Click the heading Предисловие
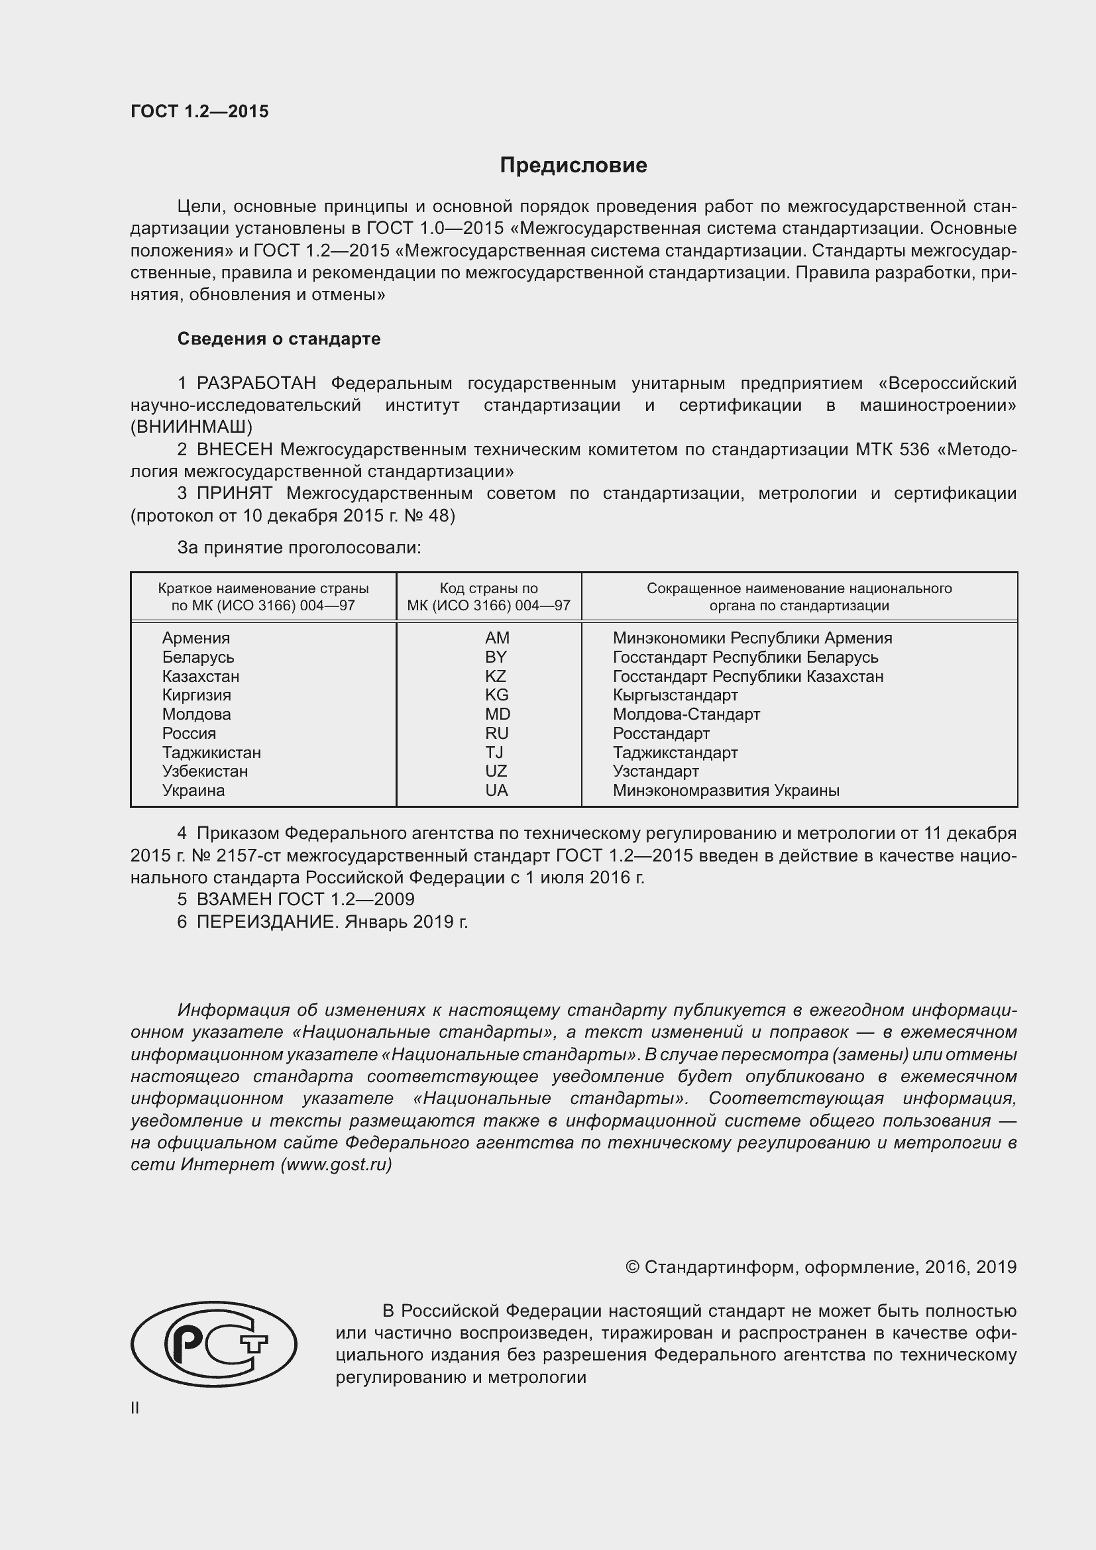coord(573,166)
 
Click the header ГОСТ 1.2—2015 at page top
coord(199,111)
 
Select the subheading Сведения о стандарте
coord(279,339)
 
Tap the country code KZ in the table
coord(496,676)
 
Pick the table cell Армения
coord(195,638)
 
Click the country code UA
coord(496,790)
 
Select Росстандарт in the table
coord(661,733)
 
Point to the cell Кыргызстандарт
coord(675,694)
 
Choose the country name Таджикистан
coord(211,752)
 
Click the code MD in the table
coord(498,714)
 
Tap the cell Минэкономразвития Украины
coord(726,790)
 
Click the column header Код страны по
coord(488,588)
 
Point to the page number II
coord(135,1408)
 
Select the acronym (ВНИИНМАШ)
coord(192,427)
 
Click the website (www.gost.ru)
coord(335,1164)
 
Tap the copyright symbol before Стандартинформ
coord(632,1267)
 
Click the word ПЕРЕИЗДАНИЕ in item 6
coord(266,922)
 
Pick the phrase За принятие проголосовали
coord(299,547)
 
